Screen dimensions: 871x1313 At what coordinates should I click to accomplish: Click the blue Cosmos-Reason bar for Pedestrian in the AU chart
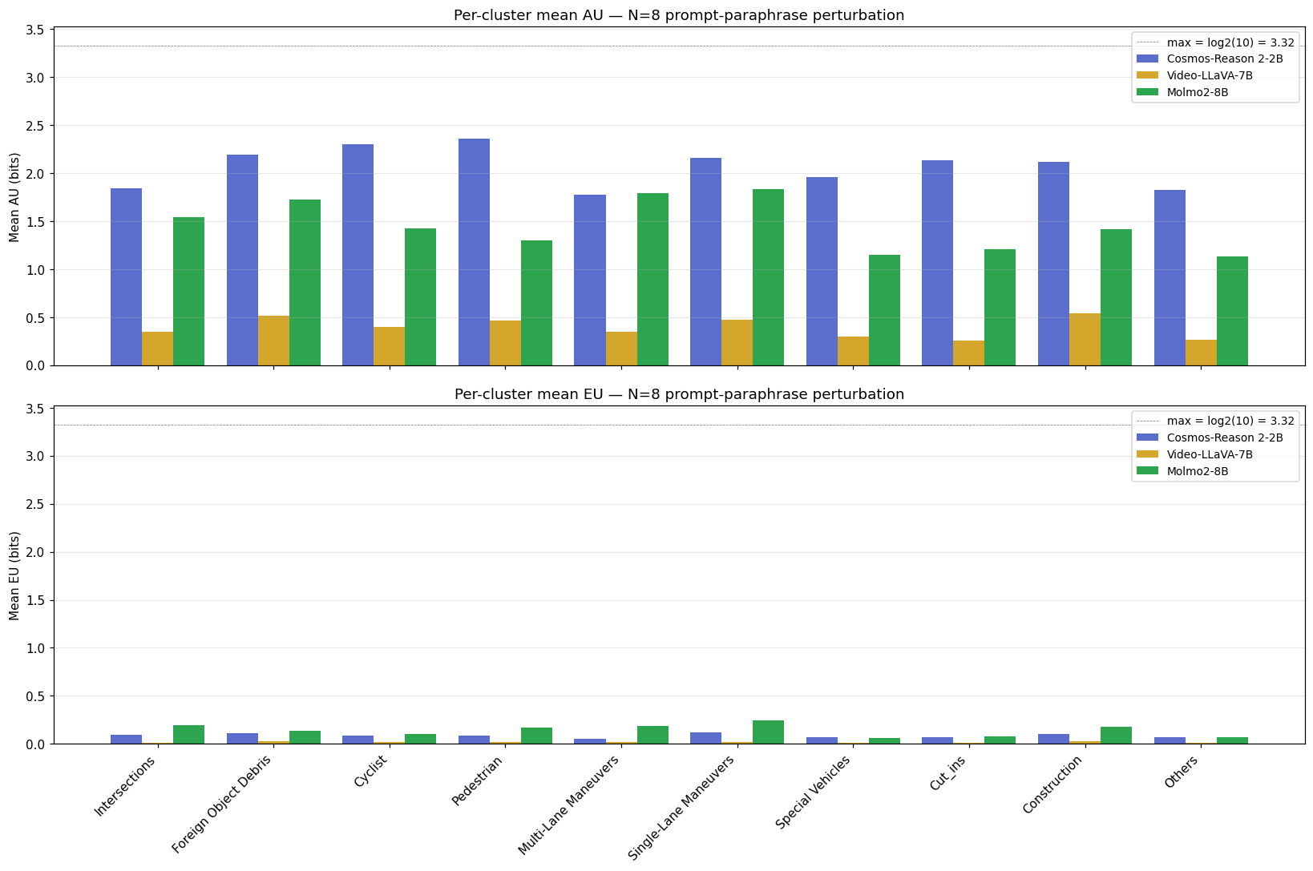(474, 252)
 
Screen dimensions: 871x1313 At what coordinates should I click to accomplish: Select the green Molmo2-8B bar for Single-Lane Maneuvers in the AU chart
(768, 277)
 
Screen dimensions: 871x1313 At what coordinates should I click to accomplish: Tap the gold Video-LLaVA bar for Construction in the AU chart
(1085, 340)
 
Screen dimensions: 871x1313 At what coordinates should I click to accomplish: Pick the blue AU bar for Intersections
(126, 276)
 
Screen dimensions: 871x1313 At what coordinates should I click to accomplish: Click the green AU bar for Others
(1232, 311)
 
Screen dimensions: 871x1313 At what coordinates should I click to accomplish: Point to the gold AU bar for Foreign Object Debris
(273, 341)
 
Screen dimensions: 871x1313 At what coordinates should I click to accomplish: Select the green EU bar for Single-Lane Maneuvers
(768, 732)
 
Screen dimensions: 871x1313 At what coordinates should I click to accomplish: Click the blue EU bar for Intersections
(126, 739)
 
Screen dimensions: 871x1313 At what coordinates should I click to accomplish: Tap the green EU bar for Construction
(1116, 736)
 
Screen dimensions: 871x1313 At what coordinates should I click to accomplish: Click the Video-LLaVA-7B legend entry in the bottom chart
(1209, 454)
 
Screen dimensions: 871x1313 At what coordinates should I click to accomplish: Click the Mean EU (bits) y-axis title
(14, 575)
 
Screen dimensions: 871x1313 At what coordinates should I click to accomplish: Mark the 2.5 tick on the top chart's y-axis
(37, 126)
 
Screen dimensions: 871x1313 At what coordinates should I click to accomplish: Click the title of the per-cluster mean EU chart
(678, 394)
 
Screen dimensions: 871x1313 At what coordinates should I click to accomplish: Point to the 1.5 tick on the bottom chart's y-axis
(37, 600)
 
